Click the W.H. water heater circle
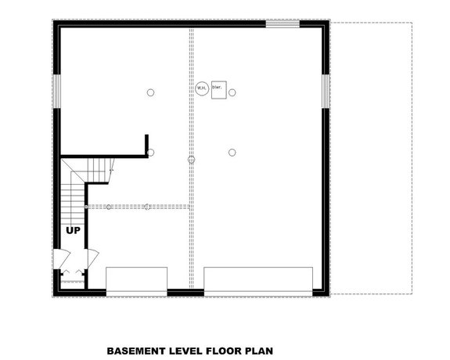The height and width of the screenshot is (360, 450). pos(201,88)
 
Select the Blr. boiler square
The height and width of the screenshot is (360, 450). pos(217,88)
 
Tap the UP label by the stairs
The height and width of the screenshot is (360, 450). pos(73,231)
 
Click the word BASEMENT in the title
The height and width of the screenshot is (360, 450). pos(138,351)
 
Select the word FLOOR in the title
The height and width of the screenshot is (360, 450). pos(225,351)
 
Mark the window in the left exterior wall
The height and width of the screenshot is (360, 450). pos(56,90)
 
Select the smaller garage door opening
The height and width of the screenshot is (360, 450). pos(136,280)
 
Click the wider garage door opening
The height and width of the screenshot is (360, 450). pos(258,280)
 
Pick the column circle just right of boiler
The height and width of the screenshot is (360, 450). pos(232,92)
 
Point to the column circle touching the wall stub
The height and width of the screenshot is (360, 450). pos(150,152)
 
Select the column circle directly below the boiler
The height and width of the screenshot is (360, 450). pos(232,152)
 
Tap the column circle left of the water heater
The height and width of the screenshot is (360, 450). pos(150,92)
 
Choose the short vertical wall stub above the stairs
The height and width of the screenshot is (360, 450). pos(146,145)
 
